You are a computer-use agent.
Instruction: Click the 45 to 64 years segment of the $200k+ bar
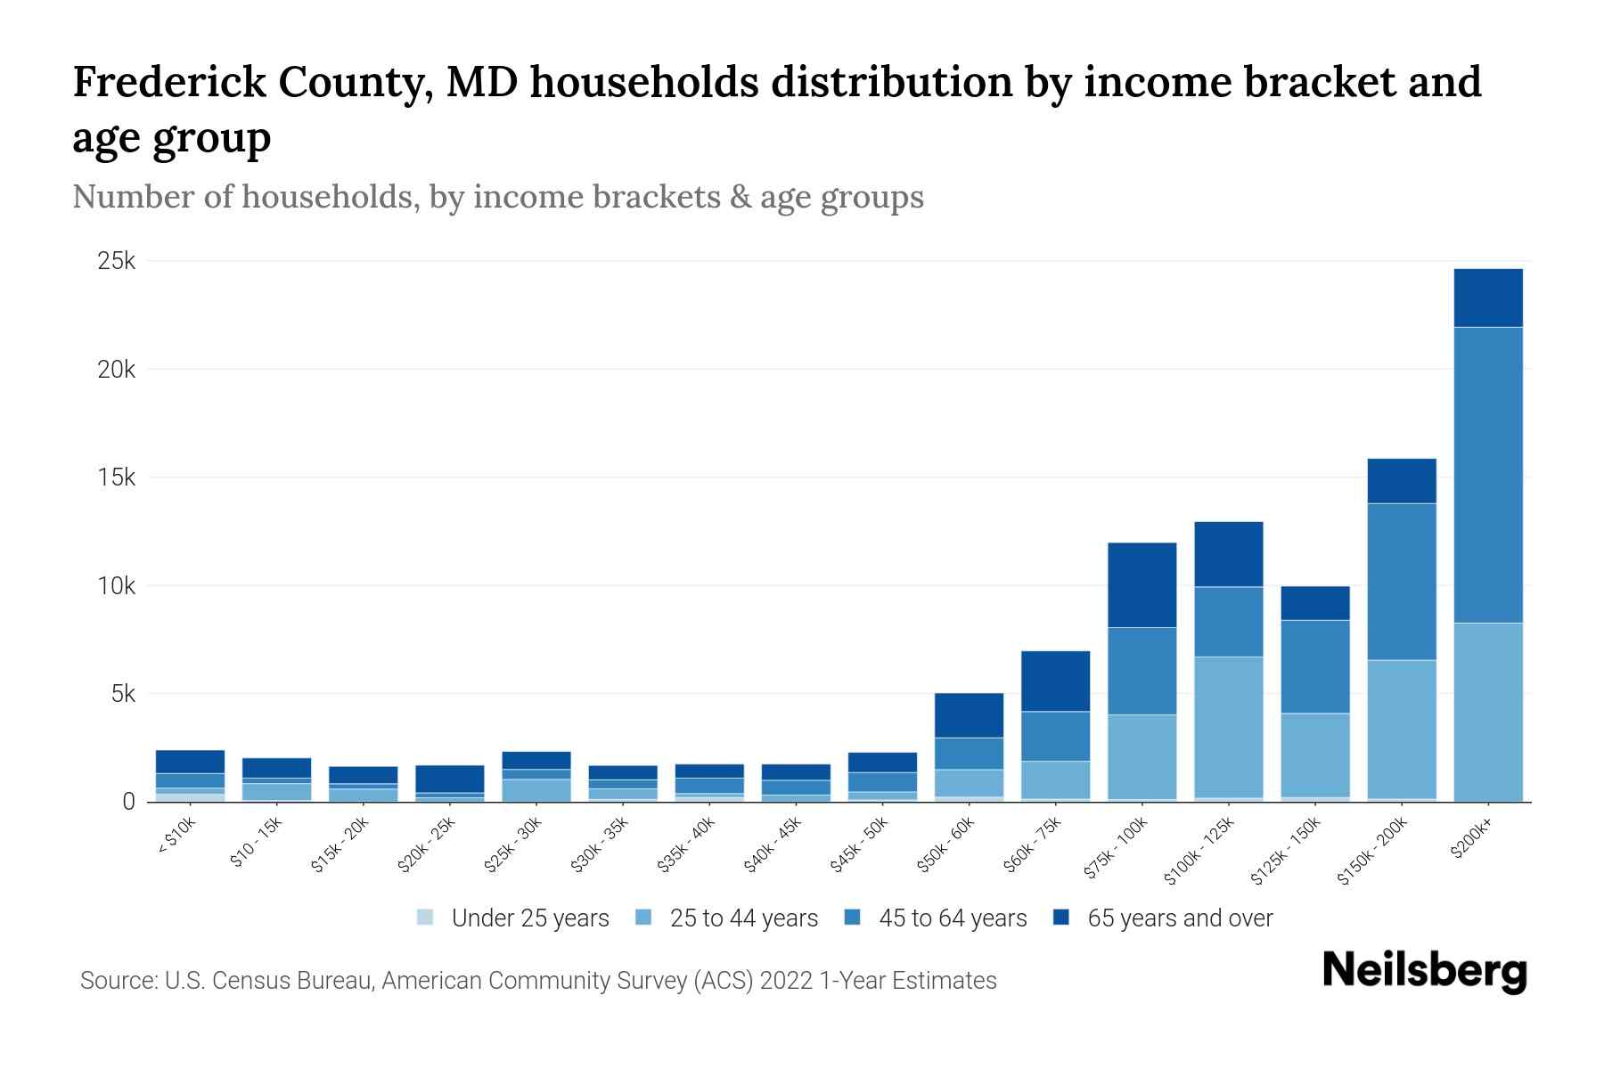click(1488, 475)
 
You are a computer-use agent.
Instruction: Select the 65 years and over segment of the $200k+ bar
click(1488, 298)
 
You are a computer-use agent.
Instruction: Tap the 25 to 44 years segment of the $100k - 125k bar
click(1229, 727)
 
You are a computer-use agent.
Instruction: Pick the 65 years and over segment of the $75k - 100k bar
click(1142, 585)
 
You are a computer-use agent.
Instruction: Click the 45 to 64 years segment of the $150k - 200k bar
click(1402, 582)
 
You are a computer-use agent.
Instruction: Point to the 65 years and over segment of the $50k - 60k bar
click(969, 715)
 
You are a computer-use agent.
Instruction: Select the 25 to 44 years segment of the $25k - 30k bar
click(536, 789)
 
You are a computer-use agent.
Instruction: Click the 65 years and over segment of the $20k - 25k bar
click(450, 779)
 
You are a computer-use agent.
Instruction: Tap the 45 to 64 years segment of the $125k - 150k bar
click(1315, 666)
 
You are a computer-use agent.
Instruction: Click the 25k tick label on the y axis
click(117, 262)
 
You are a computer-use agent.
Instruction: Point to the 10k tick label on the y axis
click(117, 586)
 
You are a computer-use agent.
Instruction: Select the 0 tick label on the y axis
click(129, 802)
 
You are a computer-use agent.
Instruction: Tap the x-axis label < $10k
click(177, 836)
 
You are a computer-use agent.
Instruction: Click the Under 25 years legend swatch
click(425, 918)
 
